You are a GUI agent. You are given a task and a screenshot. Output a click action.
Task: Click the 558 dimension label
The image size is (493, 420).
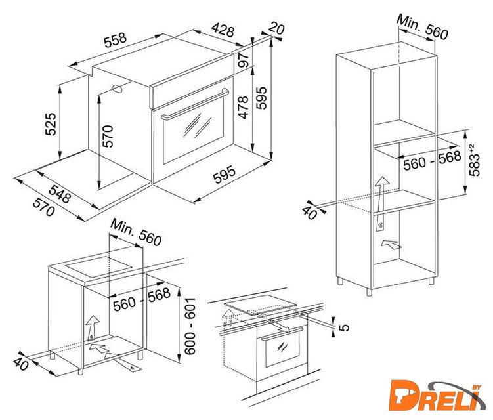[x=116, y=40]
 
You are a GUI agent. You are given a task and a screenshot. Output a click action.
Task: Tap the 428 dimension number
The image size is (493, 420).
[x=223, y=30]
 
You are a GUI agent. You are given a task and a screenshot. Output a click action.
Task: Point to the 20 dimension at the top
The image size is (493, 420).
[x=276, y=28]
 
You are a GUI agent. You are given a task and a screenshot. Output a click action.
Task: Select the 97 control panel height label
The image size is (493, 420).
[x=244, y=60]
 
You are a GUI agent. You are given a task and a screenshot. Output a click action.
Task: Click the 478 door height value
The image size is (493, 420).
[x=243, y=108]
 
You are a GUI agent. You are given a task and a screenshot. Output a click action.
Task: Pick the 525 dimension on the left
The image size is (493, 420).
[x=51, y=124]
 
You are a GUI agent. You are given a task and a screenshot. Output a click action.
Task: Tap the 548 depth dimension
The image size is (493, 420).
[x=60, y=194]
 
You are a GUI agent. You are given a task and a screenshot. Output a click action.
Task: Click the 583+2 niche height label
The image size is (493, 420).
[x=474, y=159]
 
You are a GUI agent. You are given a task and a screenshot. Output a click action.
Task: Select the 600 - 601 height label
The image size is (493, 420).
[x=190, y=326]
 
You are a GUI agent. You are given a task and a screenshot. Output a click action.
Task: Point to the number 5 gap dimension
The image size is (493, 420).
[x=344, y=327]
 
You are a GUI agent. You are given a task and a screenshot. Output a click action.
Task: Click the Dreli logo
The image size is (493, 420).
[x=438, y=396]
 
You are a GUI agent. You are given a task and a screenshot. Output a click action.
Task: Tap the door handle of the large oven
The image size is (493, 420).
[x=195, y=104]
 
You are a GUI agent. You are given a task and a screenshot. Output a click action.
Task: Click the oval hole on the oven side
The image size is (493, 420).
[x=118, y=89]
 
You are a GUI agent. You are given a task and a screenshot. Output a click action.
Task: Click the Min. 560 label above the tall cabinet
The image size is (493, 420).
[x=422, y=27]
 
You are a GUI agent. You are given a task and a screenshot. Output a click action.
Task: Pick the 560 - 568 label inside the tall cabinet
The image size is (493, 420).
[x=432, y=160]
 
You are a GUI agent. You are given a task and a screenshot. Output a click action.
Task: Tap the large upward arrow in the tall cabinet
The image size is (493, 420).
[x=381, y=203]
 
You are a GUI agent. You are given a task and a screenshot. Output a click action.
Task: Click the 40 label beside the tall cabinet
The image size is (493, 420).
[x=309, y=212]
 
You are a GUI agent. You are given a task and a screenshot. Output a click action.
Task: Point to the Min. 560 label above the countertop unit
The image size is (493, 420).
[x=136, y=232]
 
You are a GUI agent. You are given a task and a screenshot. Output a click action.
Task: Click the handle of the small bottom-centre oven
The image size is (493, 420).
[x=282, y=333]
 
